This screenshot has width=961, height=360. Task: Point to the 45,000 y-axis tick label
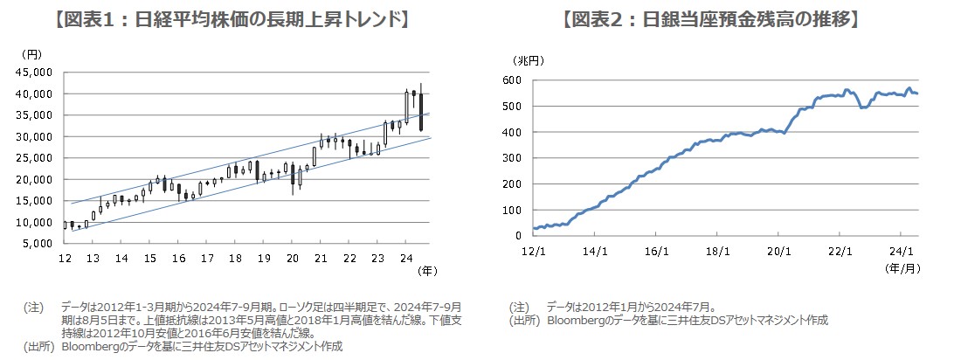37,72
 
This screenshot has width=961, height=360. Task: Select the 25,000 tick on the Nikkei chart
37,158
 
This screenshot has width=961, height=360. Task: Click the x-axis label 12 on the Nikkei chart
65,259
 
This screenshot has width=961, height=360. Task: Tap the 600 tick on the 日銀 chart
514,80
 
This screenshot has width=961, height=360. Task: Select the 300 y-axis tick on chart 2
514,158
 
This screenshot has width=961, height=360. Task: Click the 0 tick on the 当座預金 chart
521,236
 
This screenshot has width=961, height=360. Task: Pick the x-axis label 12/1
535,252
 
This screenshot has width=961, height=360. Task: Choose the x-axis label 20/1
778,252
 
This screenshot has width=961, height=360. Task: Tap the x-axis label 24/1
901,252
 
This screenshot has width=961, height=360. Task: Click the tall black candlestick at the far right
421,112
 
